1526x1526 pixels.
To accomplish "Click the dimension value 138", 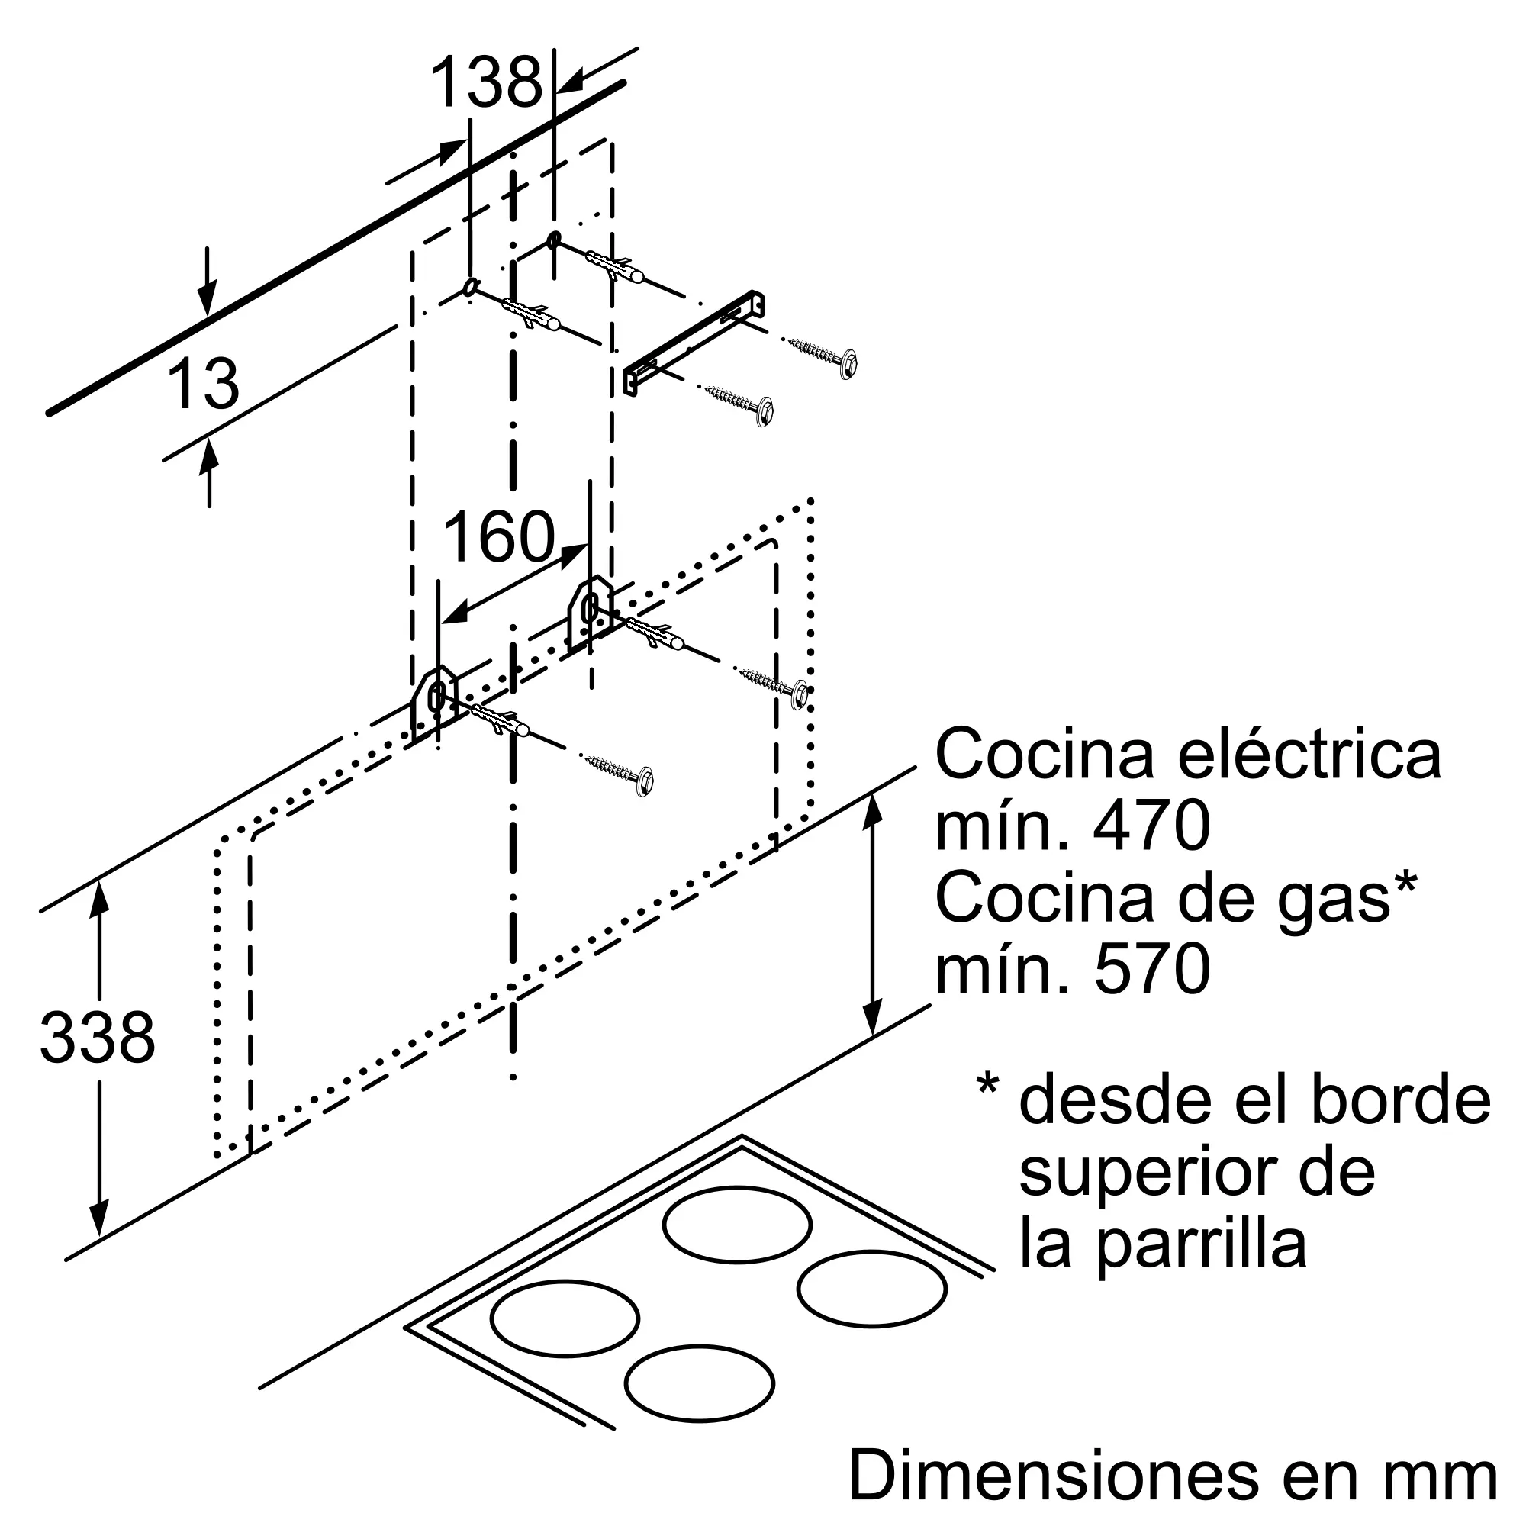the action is click(487, 82).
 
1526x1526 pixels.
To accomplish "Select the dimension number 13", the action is click(203, 383).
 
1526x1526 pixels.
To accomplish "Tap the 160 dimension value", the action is click(499, 536).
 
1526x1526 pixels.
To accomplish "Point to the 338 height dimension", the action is click(97, 1037).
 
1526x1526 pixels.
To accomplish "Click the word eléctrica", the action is click(1309, 755).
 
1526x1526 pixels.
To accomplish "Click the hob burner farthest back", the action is click(737, 1224).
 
